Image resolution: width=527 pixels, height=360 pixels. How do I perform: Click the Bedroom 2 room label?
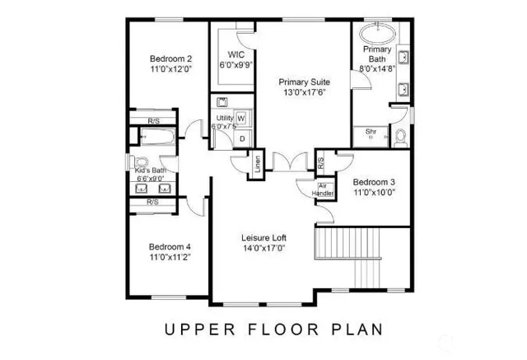tap(170, 58)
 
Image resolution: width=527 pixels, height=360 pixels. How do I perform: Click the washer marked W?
tap(241, 119)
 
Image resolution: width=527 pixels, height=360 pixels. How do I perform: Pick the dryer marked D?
tap(241, 138)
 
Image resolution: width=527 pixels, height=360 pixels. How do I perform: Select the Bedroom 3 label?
tap(374, 182)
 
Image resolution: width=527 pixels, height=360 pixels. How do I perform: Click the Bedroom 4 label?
tap(170, 246)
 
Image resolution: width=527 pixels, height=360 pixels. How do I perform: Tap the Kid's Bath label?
tap(151, 171)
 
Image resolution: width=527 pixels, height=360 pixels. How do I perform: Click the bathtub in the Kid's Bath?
tap(154, 138)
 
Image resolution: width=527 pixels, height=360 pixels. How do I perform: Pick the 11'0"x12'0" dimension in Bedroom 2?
tap(170, 71)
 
